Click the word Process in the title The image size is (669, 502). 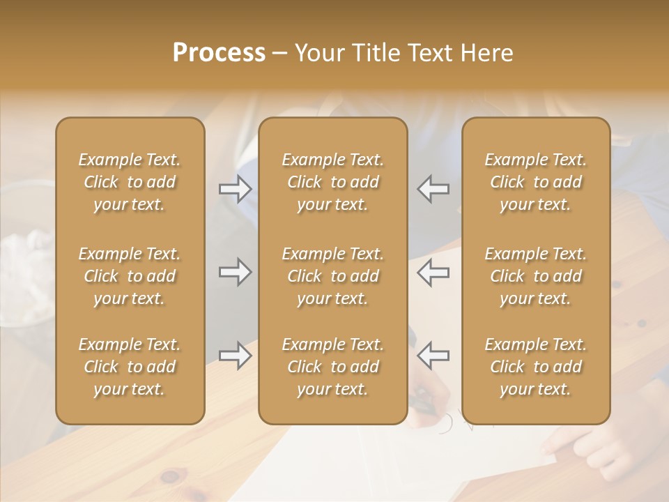219,52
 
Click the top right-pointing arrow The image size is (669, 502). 235,189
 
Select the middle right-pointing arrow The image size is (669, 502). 235,272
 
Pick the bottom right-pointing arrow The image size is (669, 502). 235,356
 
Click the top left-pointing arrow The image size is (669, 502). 433,189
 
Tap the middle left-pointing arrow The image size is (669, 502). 433,272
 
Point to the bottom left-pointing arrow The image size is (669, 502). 433,356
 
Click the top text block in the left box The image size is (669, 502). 130,182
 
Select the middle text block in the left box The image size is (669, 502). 130,276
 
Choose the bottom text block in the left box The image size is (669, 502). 130,367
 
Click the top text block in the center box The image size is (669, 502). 333,182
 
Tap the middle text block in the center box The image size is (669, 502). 333,276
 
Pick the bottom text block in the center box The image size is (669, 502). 333,367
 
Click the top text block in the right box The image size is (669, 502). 536,182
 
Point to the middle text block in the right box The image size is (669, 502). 536,276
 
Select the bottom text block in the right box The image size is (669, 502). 536,367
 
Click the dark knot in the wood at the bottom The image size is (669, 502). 170,477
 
